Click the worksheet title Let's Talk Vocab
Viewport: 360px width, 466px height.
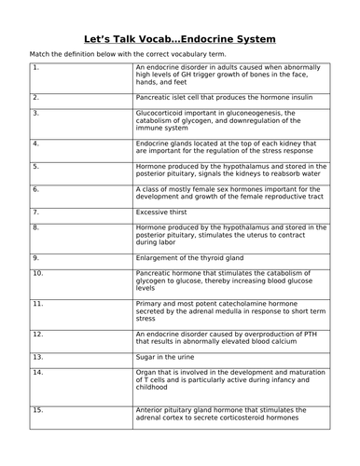[179, 39]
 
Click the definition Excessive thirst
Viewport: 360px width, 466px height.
[164, 212]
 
